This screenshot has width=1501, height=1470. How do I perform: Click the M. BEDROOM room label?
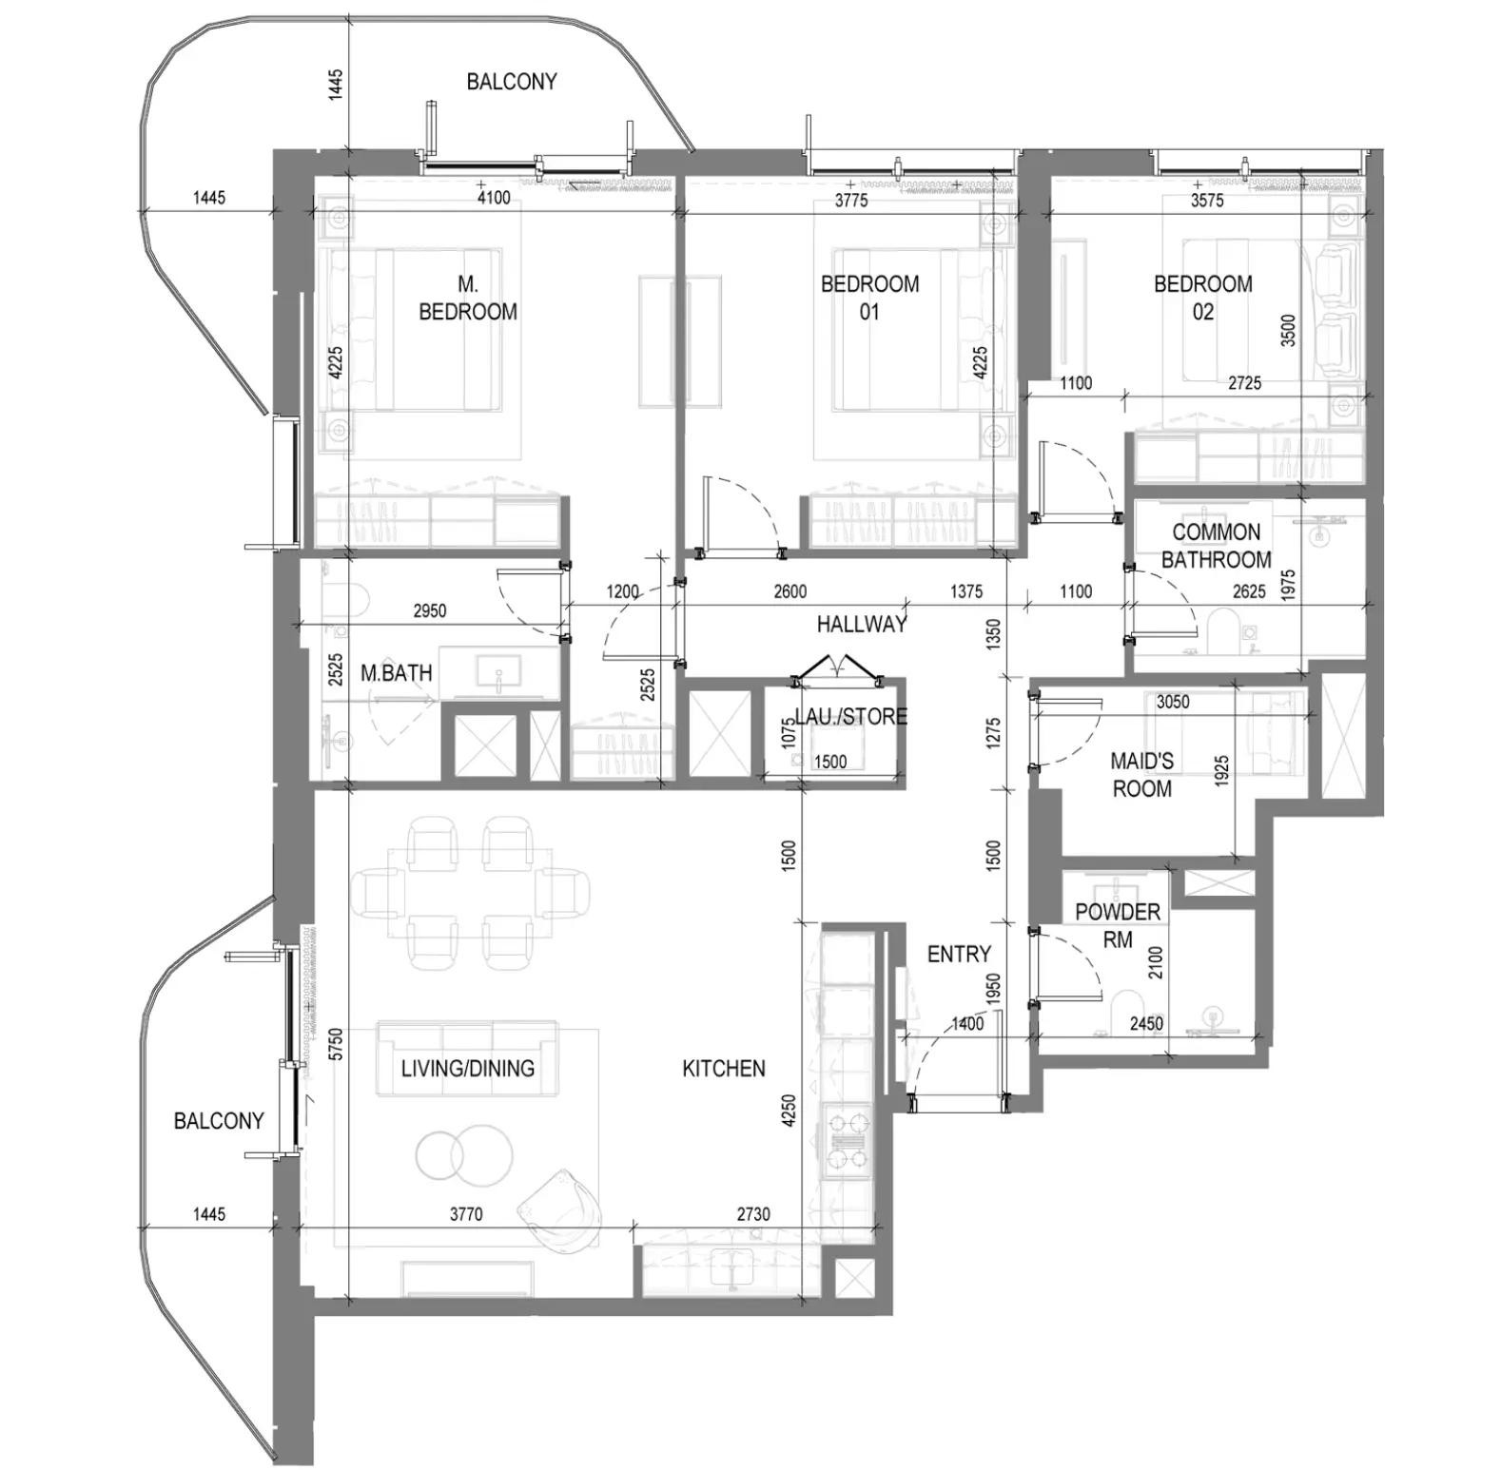tap(468, 298)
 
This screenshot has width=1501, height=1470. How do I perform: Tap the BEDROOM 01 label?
tap(869, 298)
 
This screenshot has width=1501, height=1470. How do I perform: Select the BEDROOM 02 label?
tap(1202, 298)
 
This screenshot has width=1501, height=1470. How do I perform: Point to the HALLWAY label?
tap(862, 625)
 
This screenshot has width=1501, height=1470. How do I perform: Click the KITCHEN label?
tap(724, 1069)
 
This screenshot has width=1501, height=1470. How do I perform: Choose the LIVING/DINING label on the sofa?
tap(468, 1069)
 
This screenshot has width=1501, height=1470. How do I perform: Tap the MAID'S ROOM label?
tap(1141, 775)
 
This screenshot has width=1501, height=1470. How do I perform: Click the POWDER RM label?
tap(1118, 925)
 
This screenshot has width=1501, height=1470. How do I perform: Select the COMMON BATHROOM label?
tap(1217, 546)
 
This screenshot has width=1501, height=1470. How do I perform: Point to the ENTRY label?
tap(959, 954)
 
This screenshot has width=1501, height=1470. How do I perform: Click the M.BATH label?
tap(397, 673)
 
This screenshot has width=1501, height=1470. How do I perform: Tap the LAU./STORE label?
tap(850, 716)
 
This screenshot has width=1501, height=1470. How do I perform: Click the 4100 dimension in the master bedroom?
tap(493, 198)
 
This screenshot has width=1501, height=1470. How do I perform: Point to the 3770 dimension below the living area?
tap(466, 1214)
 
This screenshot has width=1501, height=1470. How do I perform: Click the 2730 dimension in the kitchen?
tap(753, 1214)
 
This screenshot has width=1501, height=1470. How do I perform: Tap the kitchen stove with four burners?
tap(849, 1140)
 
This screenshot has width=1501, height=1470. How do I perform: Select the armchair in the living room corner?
tap(559, 1209)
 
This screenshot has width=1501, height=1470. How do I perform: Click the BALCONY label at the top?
tap(512, 82)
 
